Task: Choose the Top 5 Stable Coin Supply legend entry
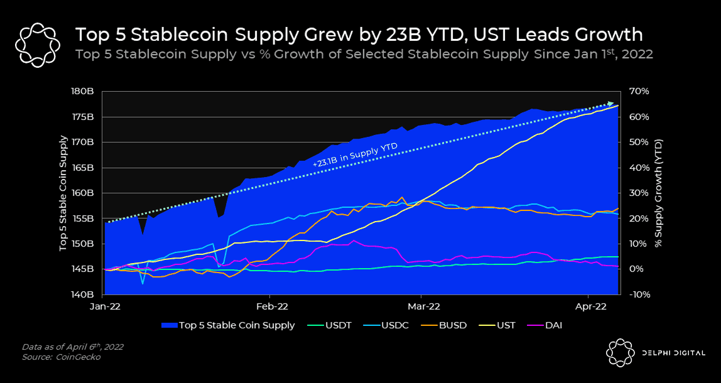[x=236, y=325]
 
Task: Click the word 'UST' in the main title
[x=516, y=35]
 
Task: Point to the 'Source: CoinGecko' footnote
[x=61, y=357]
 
